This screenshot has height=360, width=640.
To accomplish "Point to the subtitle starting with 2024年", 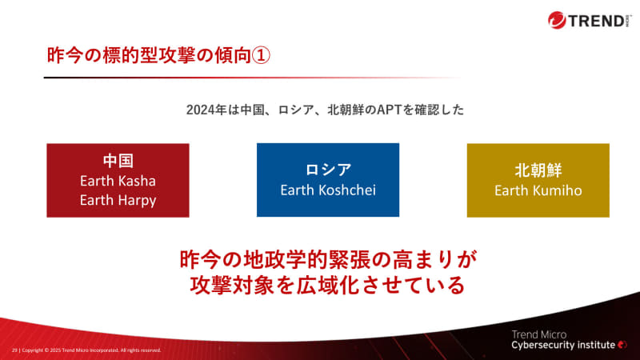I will (x=325, y=110).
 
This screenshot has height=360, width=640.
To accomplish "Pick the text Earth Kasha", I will (x=118, y=180).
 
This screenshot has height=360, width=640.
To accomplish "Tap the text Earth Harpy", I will (x=118, y=200).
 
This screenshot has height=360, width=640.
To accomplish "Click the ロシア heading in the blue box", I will (x=328, y=170).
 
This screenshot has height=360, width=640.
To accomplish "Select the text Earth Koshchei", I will (x=328, y=190).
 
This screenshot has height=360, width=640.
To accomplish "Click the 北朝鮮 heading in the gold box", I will (x=538, y=170).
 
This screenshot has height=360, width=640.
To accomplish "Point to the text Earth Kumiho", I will (x=538, y=190).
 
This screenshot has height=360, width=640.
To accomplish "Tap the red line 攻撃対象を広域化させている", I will (x=328, y=284).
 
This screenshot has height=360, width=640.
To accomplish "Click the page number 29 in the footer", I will (x=14, y=350).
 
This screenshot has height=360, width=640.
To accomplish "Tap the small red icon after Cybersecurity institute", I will (x=622, y=345).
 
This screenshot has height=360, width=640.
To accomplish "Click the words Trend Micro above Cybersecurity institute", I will (x=540, y=332).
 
